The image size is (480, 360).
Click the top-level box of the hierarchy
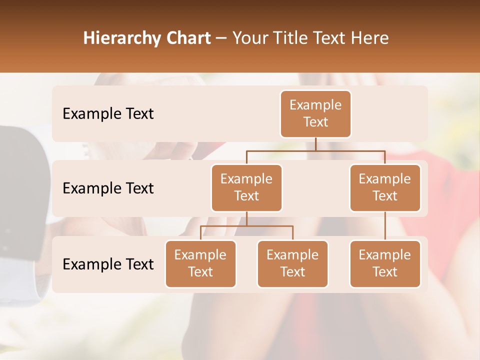click(315, 114)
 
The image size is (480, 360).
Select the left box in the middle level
click(246, 187)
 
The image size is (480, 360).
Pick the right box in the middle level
click(385, 187)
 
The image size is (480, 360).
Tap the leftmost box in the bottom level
click(200, 263)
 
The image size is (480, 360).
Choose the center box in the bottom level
click(292, 263)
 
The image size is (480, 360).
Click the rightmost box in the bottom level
click(385, 263)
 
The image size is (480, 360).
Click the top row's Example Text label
click(108, 114)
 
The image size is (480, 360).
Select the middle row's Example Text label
click(108, 188)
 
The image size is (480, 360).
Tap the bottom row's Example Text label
click(108, 264)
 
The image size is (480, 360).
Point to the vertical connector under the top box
click(315, 144)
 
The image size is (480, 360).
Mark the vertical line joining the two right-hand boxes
click(385, 226)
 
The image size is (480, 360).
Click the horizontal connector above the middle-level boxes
click(315, 150)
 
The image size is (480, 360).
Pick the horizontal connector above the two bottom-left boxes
click(246, 226)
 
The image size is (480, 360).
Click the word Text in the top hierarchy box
click(315, 122)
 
